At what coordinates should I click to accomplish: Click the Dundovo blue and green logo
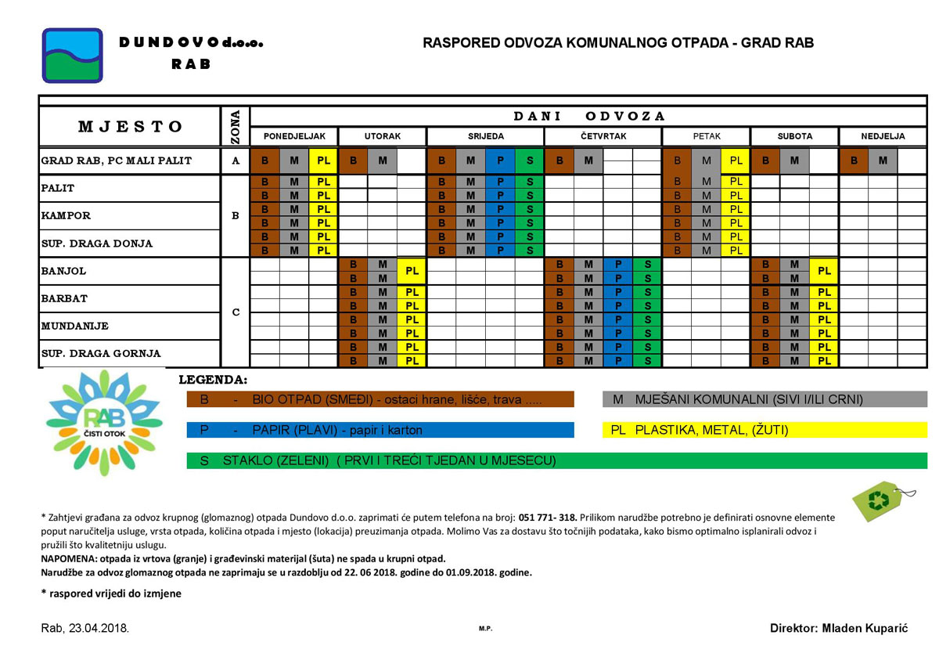click(72, 56)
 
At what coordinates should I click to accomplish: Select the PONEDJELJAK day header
click(294, 136)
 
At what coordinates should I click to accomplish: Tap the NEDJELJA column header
click(883, 136)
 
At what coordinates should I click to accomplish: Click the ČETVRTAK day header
click(603, 136)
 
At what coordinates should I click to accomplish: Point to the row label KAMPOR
click(66, 215)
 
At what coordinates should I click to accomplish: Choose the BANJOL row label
click(63, 272)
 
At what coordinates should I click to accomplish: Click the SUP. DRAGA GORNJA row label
click(100, 354)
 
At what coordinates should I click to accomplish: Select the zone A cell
click(236, 161)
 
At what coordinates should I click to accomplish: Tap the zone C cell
click(236, 312)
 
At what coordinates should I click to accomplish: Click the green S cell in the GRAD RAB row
click(530, 161)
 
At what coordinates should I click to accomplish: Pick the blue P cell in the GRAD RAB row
click(500, 161)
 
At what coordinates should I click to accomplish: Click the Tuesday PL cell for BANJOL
click(412, 271)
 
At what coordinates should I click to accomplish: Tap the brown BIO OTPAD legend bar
click(380, 399)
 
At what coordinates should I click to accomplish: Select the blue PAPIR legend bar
click(380, 430)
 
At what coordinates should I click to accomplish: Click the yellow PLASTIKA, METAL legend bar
click(765, 430)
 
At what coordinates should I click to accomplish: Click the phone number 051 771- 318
click(547, 518)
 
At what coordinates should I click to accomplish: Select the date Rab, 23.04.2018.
click(85, 628)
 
